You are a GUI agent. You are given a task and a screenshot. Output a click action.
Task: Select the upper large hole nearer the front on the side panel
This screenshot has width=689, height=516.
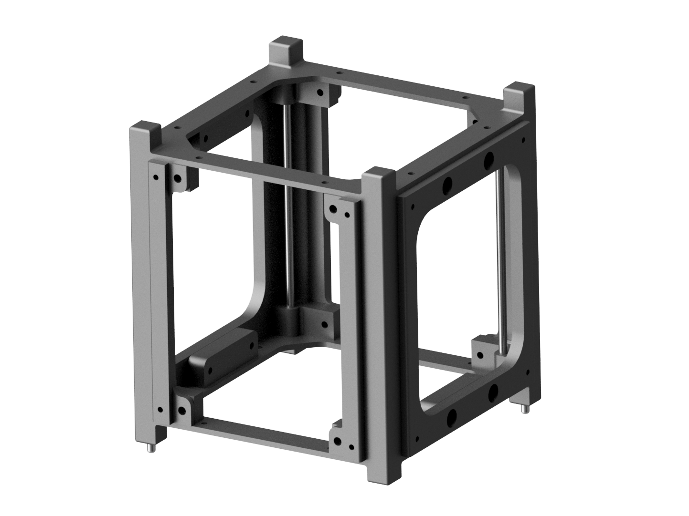447,185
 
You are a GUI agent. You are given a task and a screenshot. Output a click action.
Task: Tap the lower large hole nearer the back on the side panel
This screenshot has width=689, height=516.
493,393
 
